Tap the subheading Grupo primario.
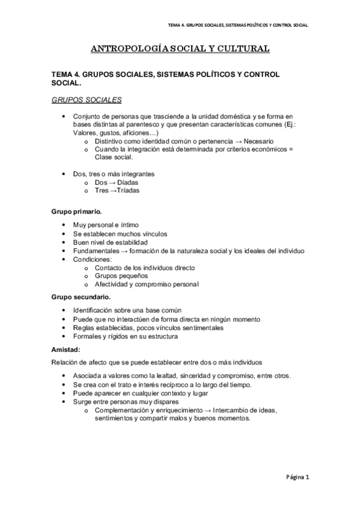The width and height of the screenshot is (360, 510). (x=76, y=212)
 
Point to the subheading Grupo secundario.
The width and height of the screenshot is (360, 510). (x=81, y=297)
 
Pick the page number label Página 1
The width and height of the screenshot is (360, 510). (x=297, y=479)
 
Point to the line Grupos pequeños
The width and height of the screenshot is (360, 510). (x=121, y=275)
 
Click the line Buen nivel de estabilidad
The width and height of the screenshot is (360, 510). (x=115, y=242)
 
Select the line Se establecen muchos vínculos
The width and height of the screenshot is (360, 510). (x=120, y=233)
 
